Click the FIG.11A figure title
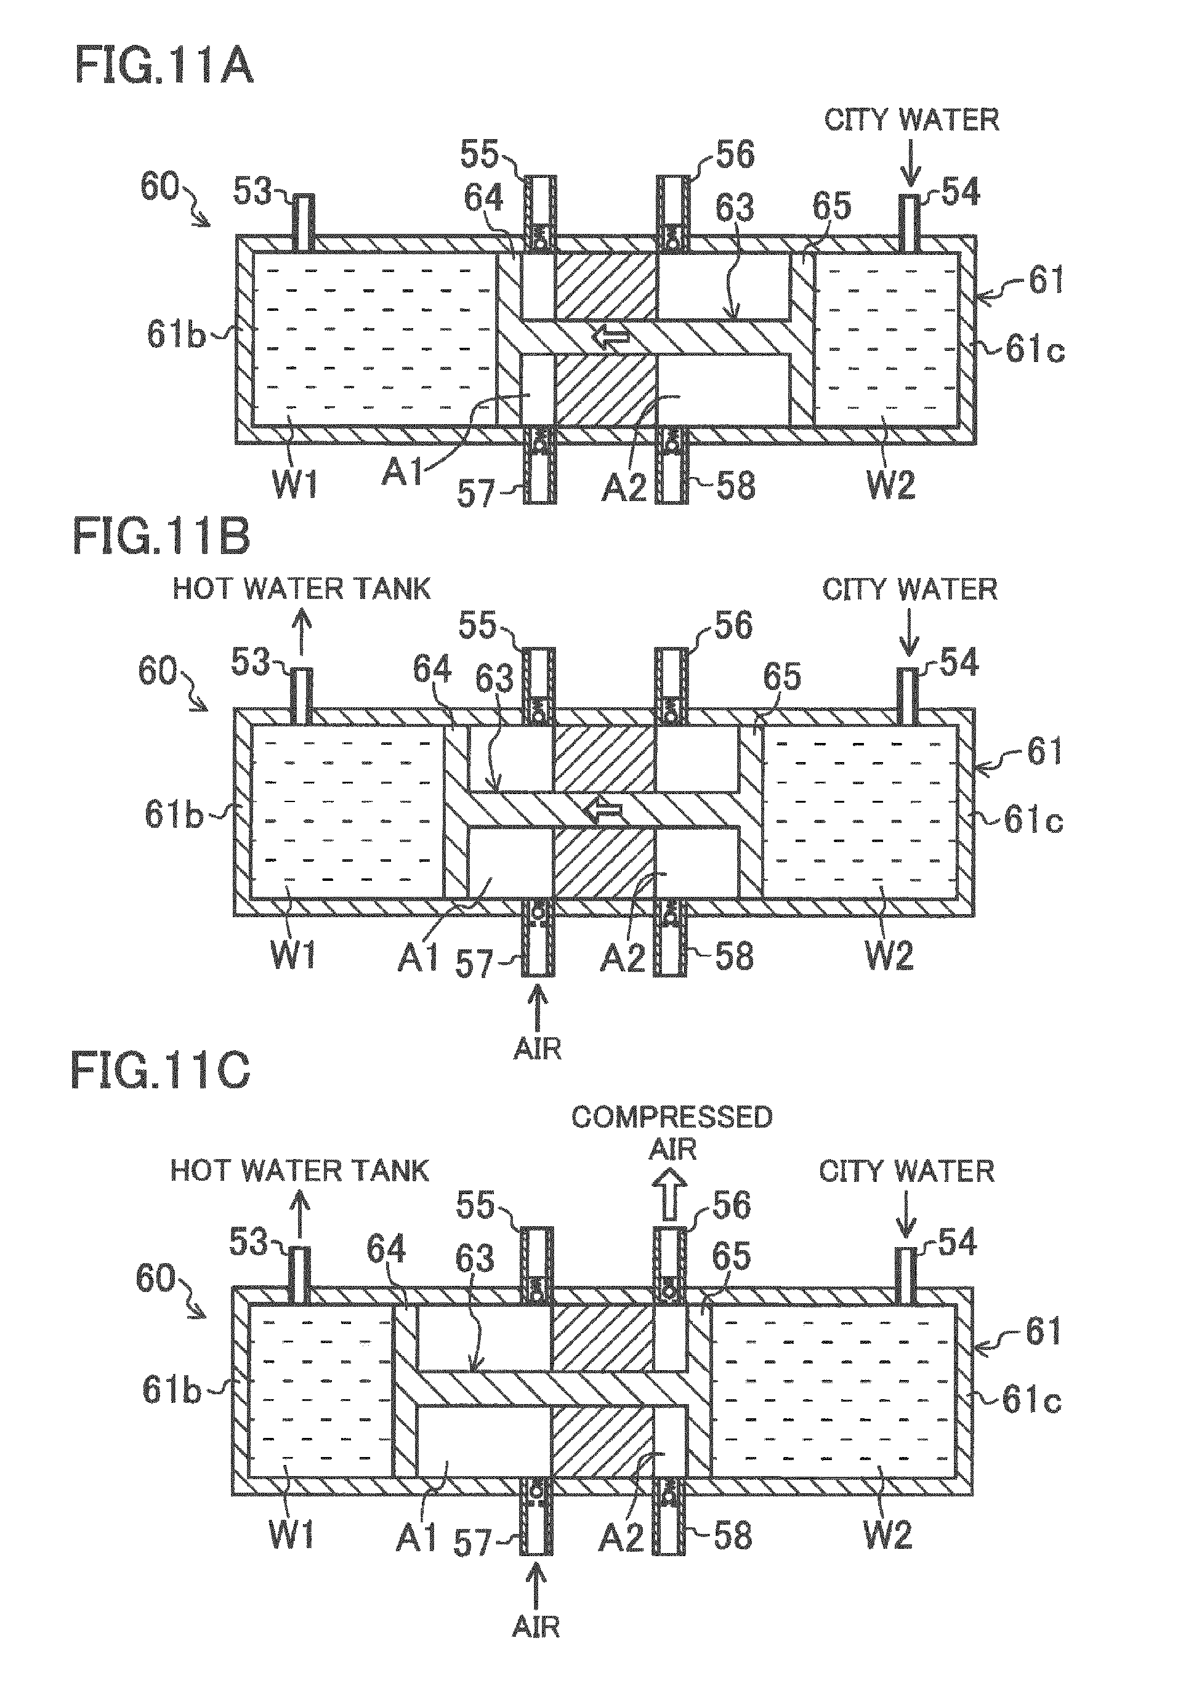(164, 68)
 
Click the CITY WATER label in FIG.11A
(911, 119)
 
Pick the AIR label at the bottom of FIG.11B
(538, 1048)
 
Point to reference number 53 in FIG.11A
(253, 192)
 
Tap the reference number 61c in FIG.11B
(1033, 820)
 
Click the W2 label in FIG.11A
(891, 484)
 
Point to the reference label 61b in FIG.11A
(175, 334)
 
